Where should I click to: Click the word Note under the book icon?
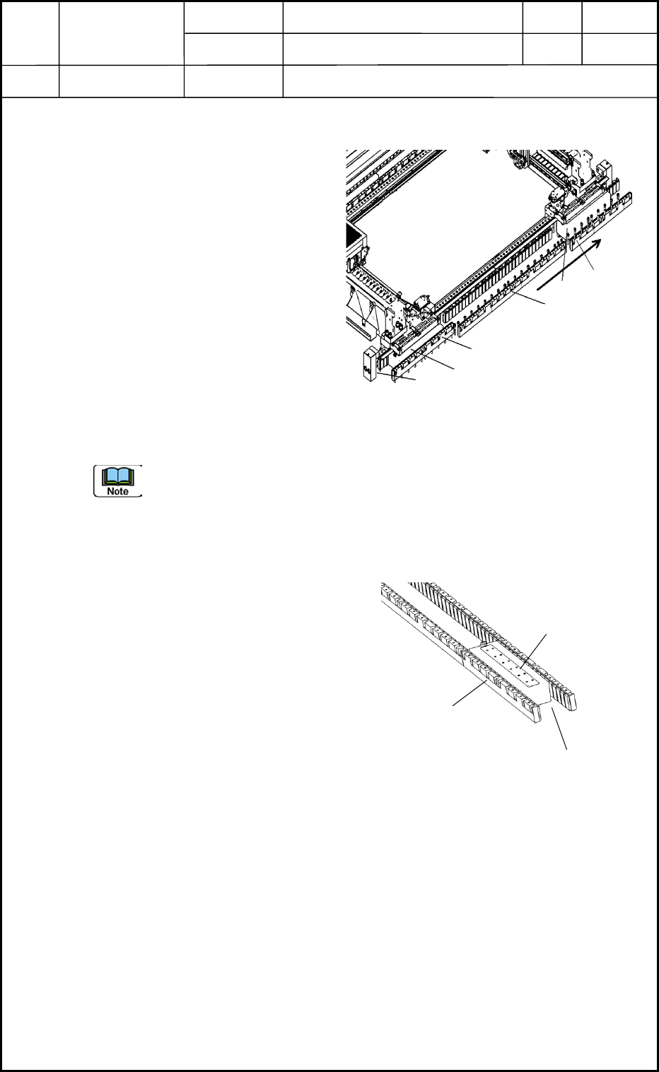(x=118, y=490)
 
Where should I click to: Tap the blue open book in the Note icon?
(x=118, y=476)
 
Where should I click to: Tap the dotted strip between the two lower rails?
(x=511, y=664)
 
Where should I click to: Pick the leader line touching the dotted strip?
(x=535, y=649)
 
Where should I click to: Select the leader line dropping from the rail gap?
(x=560, y=731)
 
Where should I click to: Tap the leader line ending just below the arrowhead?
(x=587, y=258)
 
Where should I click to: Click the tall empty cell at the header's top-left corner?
(x=30, y=34)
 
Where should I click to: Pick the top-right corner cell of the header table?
(x=619, y=17)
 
